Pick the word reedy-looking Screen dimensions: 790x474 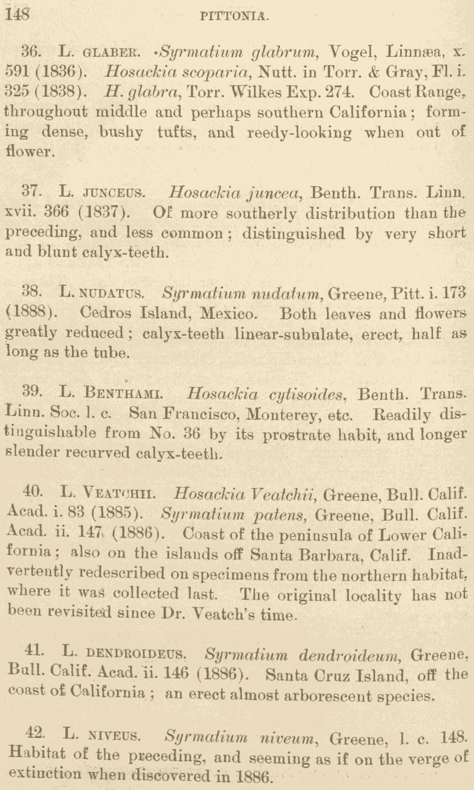pyautogui.click(x=301, y=132)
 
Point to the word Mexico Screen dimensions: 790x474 pyautogui.click(x=229, y=313)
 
